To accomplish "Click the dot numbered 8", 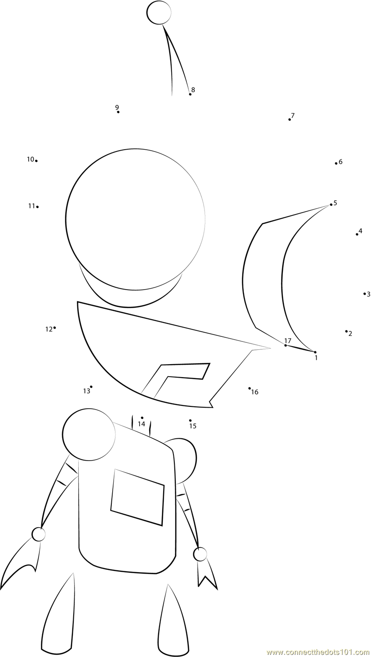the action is [190, 94].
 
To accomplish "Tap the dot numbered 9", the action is [118, 112].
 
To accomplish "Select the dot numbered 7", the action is [289, 120].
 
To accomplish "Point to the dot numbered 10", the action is [36, 161].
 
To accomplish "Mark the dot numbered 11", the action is [38, 207].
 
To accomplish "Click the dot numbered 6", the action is [336, 164].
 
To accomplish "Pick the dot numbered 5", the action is [331, 204].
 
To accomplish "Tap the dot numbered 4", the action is [357, 234].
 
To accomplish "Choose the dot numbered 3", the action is [365, 294].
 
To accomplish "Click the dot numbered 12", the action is [55, 328].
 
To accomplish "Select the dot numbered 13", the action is [91, 387].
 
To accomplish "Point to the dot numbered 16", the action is [249, 388].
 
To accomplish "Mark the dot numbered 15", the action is [190, 420].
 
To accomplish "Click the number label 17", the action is [288, 341].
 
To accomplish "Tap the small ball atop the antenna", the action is [159, 13].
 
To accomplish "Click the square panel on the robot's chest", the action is [137, 497].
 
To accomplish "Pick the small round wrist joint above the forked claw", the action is [200, 554].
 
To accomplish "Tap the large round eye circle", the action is [135, 219].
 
